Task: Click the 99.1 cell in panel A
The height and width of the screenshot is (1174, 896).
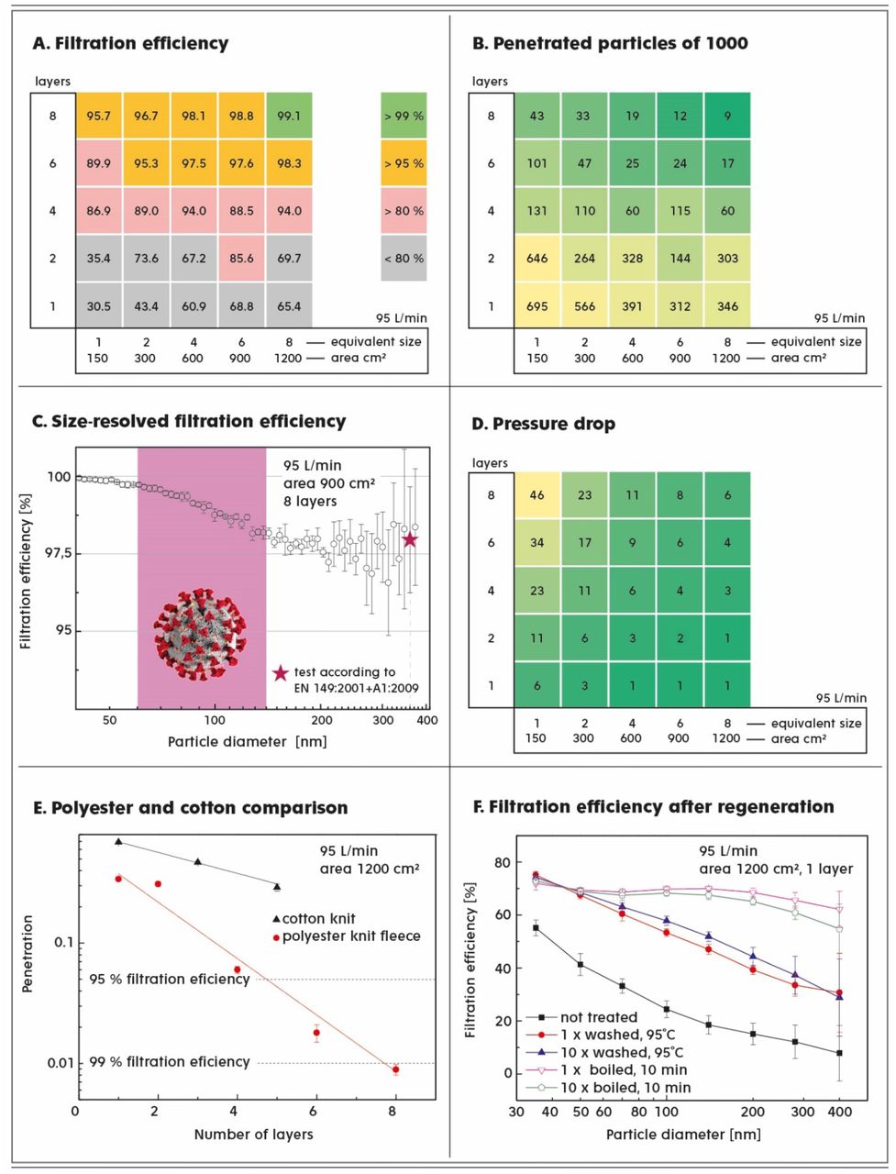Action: (x=289, y=116)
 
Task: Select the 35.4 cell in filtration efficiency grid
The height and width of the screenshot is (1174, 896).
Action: (x=99, y=259)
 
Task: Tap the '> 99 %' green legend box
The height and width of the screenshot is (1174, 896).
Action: (x=404, y=116)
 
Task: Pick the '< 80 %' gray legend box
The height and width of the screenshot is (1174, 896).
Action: (x=404, y=259)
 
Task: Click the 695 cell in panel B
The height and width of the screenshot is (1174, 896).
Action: (x=537, y=306)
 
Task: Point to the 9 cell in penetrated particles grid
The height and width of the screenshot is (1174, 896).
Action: (x=727, y=116)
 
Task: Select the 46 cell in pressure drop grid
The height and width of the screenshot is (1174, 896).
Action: (x=537, y=495)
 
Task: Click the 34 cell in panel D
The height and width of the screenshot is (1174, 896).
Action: (x=537, y=543)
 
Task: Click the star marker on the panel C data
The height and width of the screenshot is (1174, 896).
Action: (x=410, y=539)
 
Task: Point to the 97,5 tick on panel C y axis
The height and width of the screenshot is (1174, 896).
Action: (x=59, y=554)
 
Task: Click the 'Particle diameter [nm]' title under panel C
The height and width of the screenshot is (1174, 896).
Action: (x=247, y=742)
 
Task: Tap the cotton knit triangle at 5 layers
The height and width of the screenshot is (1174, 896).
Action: (x=277, y=887)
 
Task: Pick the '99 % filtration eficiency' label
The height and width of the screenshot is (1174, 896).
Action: (x=170, y=1062)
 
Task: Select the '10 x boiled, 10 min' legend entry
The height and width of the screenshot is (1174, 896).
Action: (x=608, y=1088)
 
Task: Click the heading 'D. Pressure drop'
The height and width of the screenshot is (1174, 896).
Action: (x=543, y=424)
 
